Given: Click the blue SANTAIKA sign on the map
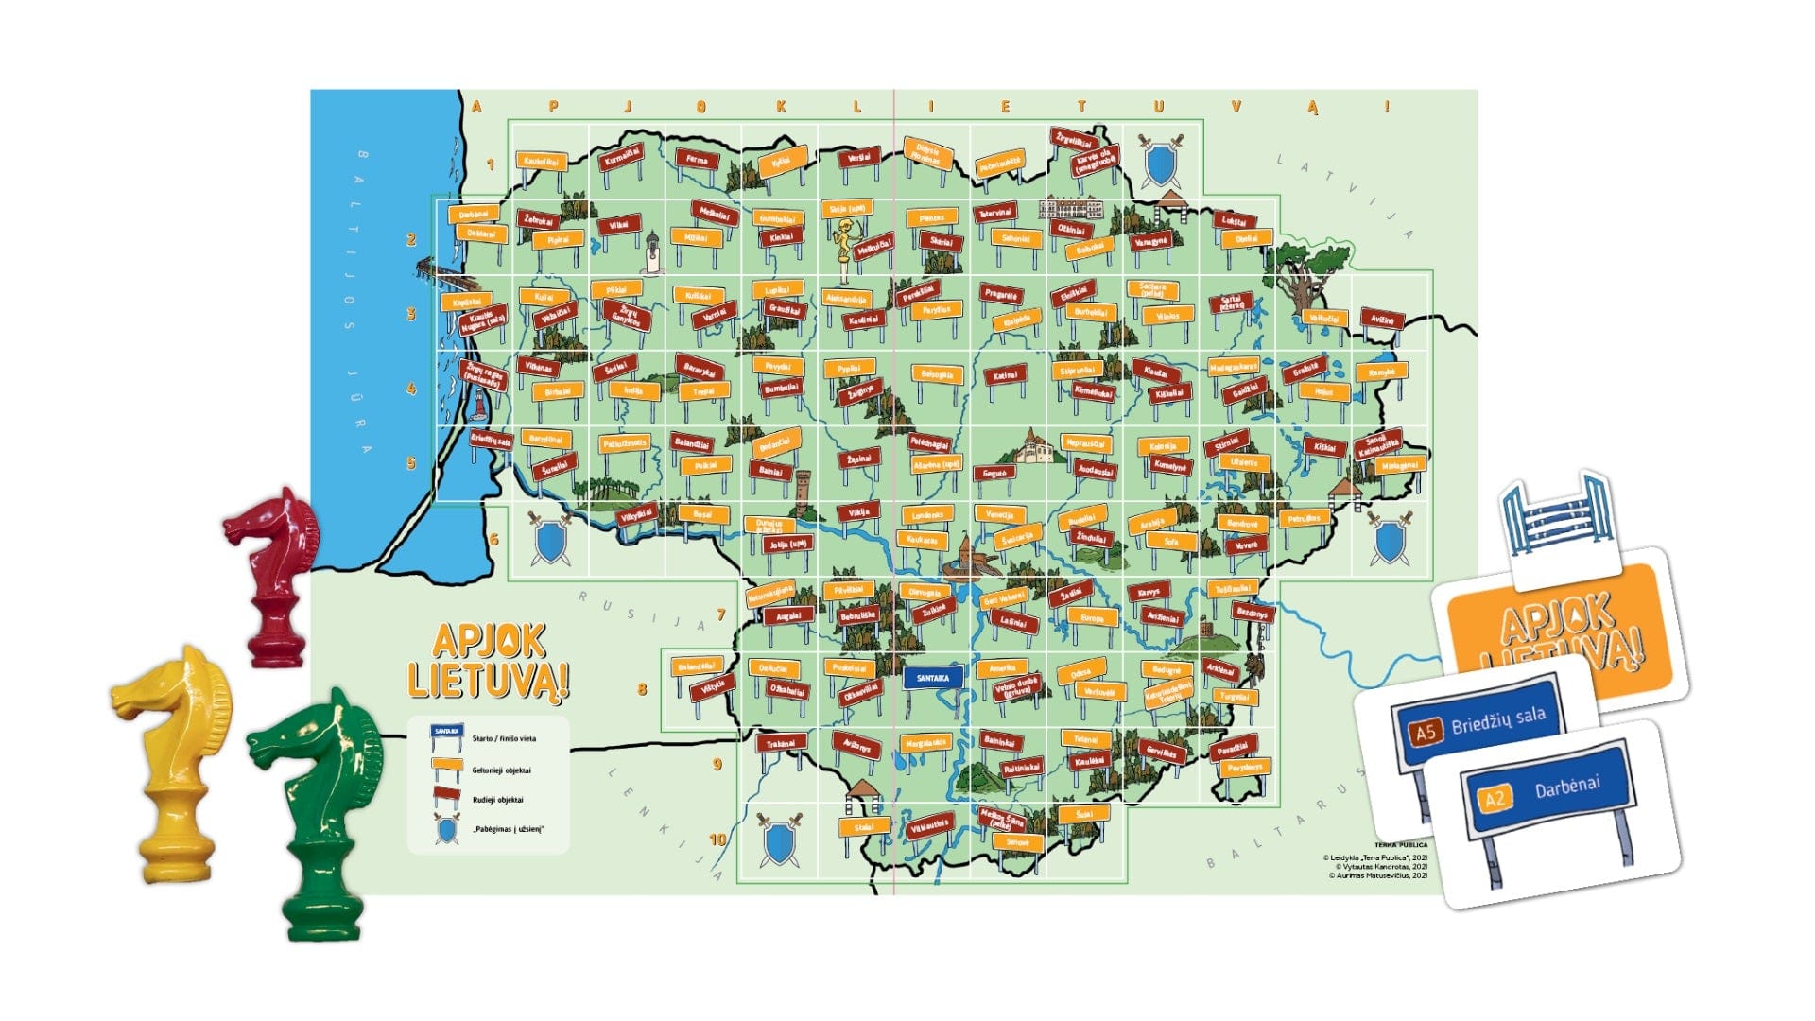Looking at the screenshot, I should click(x=933, y=677).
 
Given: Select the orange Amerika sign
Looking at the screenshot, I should click(x=1002, y=667).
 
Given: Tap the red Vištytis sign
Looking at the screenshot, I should click(x=713, y=686).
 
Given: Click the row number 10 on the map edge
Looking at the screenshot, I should click(x=717, y=839).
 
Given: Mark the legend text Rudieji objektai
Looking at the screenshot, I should click(x=497, y=800).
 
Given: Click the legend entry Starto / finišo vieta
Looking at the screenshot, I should click(x=503, y=738).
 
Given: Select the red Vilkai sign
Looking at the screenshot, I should click(x=618, y=226).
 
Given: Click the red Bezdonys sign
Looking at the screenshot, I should click(x=1253, y=614).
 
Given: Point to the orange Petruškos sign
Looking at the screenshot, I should click(x=1304, y=518).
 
